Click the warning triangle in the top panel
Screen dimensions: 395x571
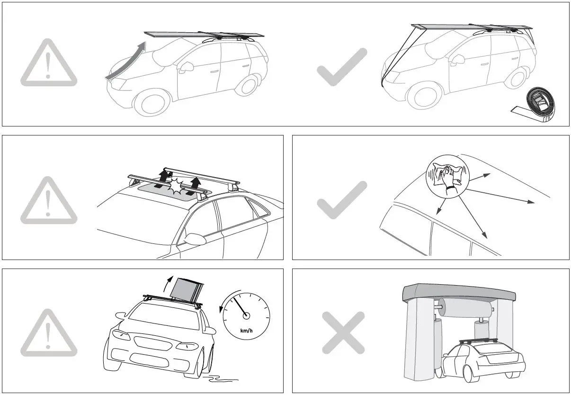pos(49,63)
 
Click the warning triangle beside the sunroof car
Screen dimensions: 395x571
pos(49,201)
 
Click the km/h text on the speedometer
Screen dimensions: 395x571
pos(246,331)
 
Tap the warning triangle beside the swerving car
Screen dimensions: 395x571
pos(49,333)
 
